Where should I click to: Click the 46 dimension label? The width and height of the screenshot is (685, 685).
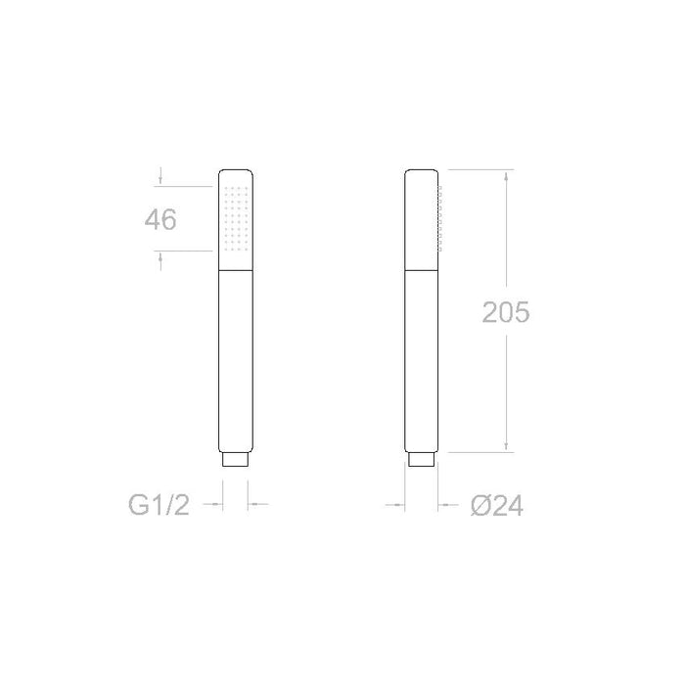click(x=160, y=219)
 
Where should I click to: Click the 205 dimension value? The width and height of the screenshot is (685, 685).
click(x=506, y=312)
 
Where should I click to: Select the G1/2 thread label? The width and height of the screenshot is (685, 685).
click(x=159, y=505)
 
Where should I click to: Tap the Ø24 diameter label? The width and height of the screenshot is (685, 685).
click(x=497, y=506)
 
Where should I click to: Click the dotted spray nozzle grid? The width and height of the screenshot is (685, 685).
click(x=236, y=219)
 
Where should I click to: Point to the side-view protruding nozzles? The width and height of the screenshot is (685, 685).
click(x=439, y=218)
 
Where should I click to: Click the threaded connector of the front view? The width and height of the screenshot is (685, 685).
click(x=236, y=460)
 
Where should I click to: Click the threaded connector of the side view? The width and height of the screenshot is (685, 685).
click(x=422, y=460)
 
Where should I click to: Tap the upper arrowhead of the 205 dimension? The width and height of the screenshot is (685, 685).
click(x=506, y=176)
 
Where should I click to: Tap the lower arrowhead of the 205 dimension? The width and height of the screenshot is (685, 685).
click(x=506, y=445)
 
